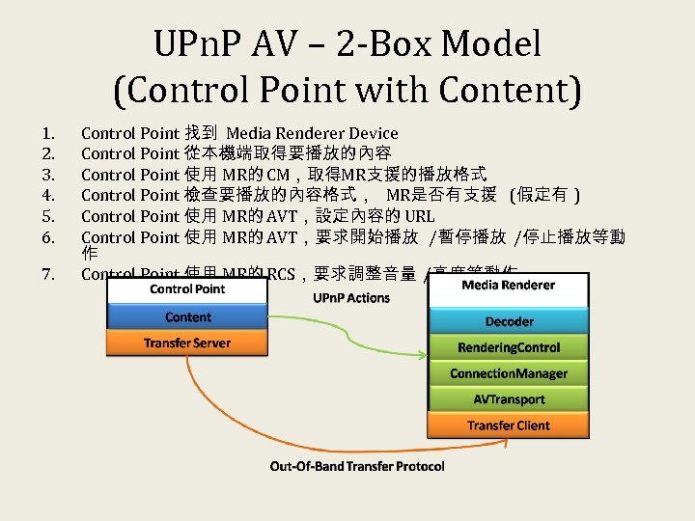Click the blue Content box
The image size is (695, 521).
(187, 317)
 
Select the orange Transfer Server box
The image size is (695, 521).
(187, 343)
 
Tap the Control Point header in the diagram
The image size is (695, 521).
(187, 288)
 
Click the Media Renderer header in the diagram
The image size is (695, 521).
(508, 285)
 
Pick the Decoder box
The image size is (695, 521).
(508, 321)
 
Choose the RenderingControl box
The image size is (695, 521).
(508, 347)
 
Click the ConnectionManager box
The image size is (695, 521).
(508, 373)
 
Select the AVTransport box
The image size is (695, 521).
(508, 399)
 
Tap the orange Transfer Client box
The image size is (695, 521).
(508, 425)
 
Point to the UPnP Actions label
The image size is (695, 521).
(351, 298)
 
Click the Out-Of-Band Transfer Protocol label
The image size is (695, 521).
(357, 467)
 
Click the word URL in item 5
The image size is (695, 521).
(420, 216)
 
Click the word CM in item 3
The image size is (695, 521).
(277, 175)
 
